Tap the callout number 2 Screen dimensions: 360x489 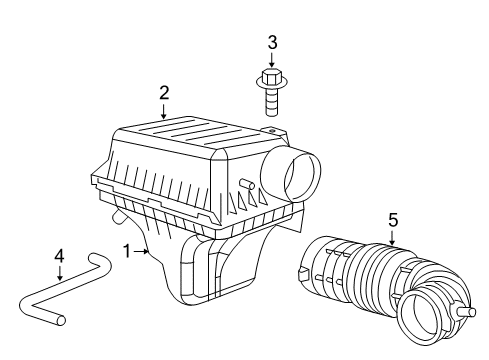tap(164, 93)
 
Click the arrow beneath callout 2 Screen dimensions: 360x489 tap(164, 112)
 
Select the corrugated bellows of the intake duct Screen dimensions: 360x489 tap(375, 285)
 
